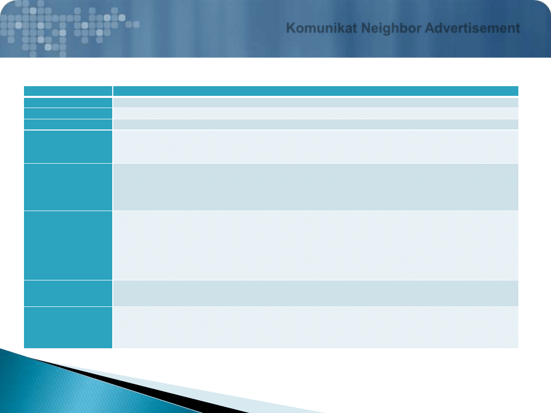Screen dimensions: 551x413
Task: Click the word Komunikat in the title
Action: tap(321, 28)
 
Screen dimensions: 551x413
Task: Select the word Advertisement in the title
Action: tap(472, 28)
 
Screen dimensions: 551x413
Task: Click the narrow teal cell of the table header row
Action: tap(68, 91)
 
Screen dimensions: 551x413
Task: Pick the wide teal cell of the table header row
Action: tap(316, 91)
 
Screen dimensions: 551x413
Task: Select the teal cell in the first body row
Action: tap(68, 102)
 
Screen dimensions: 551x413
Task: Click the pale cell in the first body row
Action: tap(316, 102)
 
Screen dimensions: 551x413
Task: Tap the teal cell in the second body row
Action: tap(68, 113)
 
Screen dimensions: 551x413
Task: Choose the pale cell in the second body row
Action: tap(316, 113)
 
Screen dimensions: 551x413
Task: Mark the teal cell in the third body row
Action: tap(68, 124)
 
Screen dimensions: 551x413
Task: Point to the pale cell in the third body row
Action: tap(316, 124)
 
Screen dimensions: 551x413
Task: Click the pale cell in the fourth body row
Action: tap(316, 147)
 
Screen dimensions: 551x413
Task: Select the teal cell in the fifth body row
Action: tap(68, 187)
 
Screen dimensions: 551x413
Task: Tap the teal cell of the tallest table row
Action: tap(68, 245)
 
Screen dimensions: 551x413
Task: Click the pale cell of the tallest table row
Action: tap(316, 245)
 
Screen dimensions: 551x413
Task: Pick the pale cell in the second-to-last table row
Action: tap(316, 293)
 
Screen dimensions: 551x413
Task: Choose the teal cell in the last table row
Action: tap(68, 328)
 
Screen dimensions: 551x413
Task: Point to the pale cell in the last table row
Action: tap(316, 328)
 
